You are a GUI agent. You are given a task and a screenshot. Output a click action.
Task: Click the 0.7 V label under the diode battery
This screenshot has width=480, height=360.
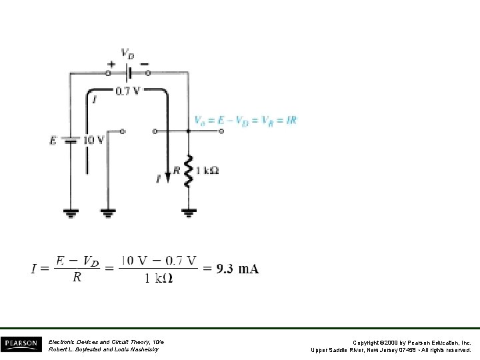[128, 91]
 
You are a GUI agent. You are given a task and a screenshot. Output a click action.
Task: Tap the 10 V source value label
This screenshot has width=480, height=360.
[92, 140]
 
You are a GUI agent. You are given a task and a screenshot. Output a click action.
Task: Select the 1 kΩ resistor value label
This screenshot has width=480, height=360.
[208, 170]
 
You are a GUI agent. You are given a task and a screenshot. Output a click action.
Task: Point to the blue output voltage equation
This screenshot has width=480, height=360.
[245, 121]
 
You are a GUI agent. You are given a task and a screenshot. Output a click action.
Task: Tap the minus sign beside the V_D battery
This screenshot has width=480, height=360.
[145, 65]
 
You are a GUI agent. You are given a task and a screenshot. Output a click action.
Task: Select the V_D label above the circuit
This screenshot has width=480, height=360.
[127, 52]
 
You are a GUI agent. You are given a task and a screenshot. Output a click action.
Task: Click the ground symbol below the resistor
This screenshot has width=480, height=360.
[189, 213]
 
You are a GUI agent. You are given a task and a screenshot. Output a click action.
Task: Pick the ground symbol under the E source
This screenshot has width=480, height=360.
[70, 213]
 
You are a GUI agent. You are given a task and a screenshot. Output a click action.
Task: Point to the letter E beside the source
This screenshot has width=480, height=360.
[53, 141]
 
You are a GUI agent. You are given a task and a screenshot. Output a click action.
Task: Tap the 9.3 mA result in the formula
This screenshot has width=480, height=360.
[237, 269]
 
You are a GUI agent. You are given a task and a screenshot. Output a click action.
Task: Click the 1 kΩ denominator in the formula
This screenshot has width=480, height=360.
[158, 279]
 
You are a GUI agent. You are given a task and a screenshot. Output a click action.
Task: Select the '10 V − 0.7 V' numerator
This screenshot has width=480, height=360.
[159, 260]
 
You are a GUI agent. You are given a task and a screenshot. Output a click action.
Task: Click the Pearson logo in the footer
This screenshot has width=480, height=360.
[22, 344]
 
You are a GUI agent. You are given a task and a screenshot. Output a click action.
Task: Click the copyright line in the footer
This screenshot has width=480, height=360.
[392, 341]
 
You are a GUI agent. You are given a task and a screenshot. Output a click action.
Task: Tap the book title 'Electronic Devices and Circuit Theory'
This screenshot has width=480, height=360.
[106, 341]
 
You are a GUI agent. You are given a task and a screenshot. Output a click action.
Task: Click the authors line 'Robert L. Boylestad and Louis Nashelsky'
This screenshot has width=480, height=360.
[103, 349]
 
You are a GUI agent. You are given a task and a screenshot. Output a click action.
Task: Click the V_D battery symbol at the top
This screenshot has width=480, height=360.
[129, 72]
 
